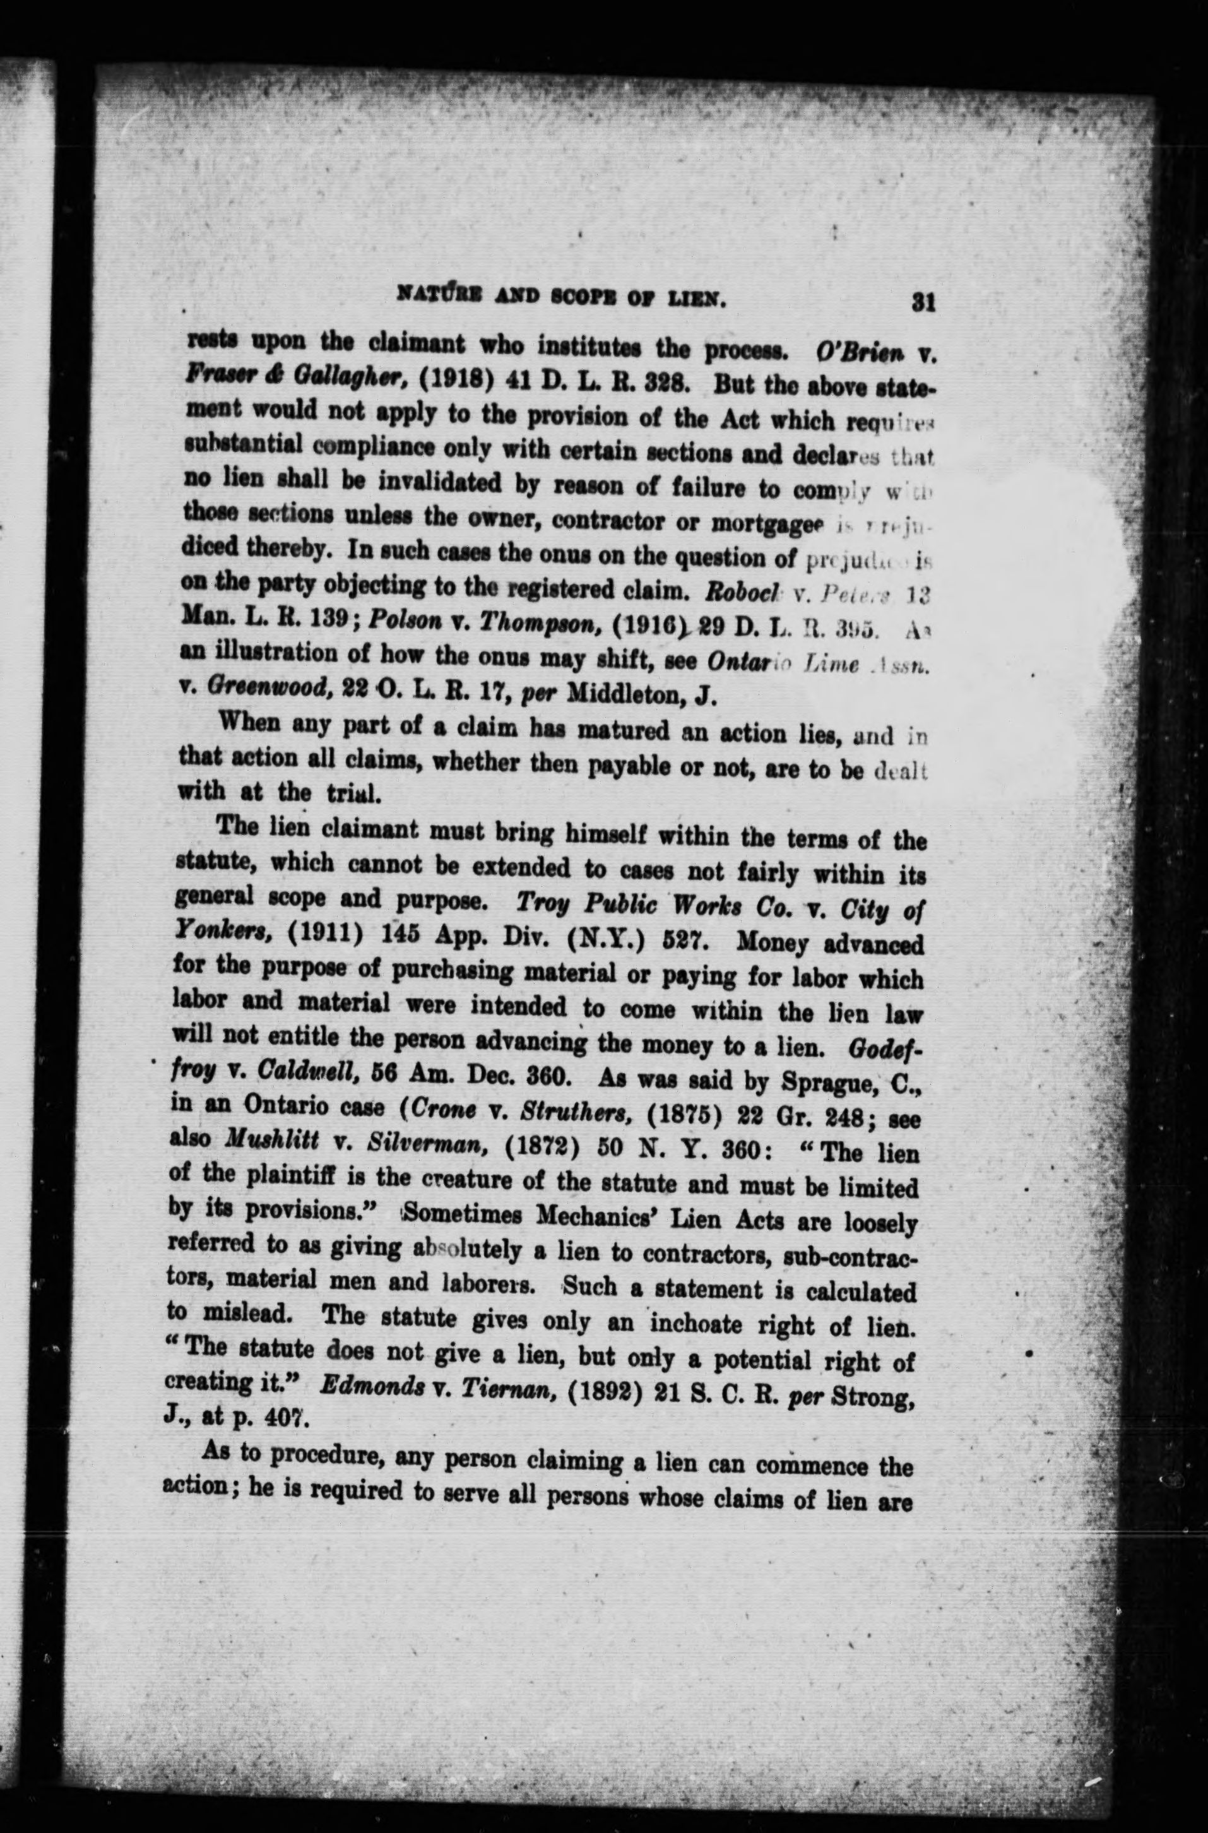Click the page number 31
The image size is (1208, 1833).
[922, 301]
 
